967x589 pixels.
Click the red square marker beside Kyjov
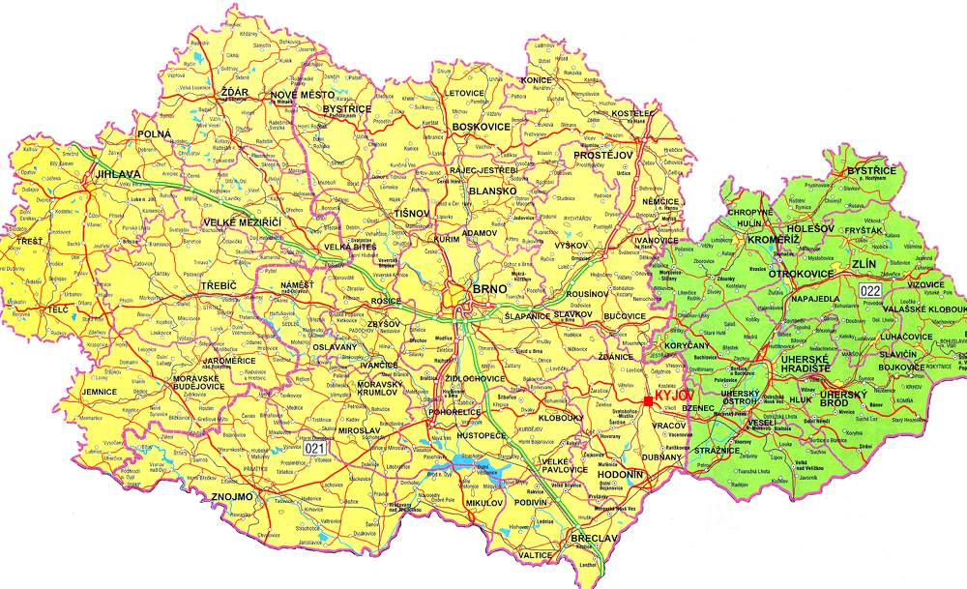648,401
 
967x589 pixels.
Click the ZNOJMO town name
231,496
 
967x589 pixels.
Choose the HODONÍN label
617,476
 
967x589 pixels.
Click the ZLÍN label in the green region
863,262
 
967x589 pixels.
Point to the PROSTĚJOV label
602,155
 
